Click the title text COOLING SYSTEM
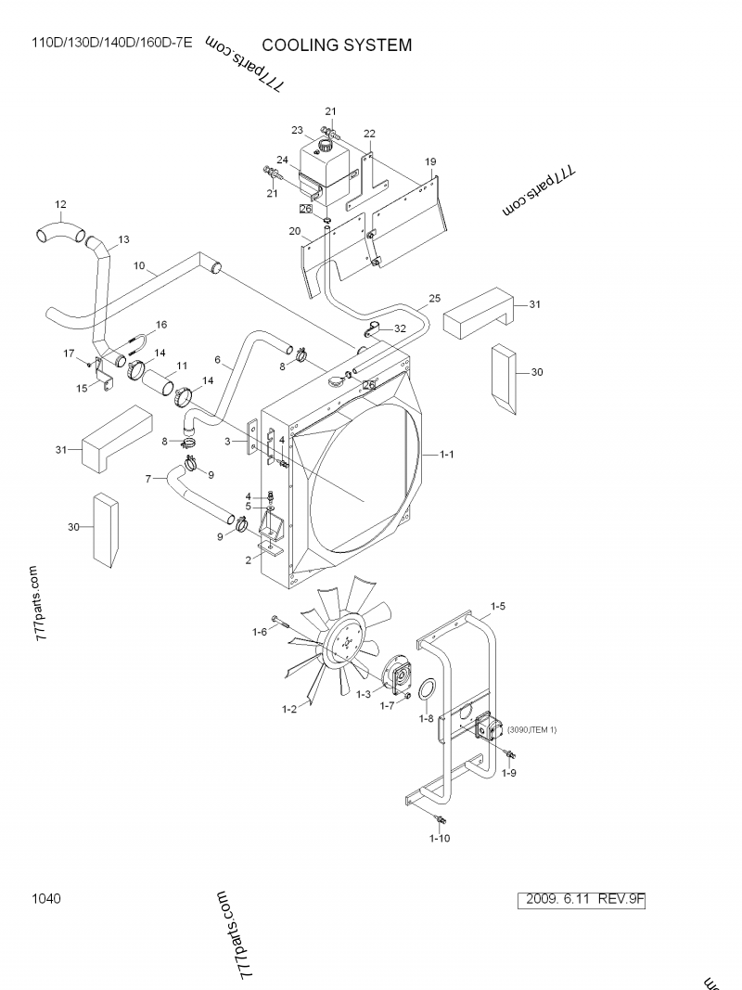[337, 45]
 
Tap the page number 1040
[45, 898]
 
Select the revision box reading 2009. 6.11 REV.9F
[584, 899]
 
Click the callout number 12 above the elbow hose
[60, 204]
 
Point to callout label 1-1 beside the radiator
[446, 455]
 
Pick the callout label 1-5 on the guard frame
[497, 607]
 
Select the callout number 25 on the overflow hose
[434, 299]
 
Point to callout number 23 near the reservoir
[298, 130]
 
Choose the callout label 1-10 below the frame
[440, 839]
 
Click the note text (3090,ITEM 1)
[531, 730]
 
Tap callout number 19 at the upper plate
[430, 161]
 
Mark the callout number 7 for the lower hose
[148, 478]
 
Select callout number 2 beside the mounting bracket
[249, 559]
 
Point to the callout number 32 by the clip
[400, 328]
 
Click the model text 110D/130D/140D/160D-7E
[112, 44]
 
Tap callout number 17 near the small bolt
[68, 353]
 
